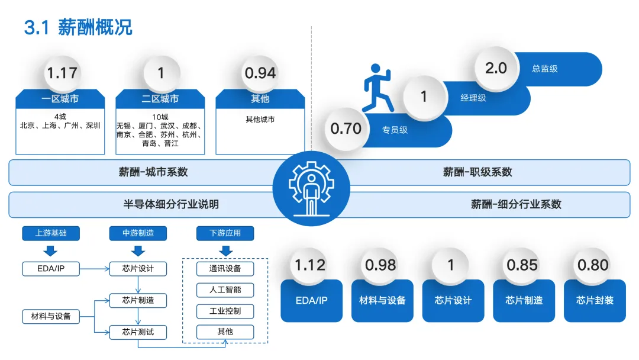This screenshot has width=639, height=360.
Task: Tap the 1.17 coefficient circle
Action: pos(62,73)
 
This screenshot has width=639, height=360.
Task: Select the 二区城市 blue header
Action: pos(160,99)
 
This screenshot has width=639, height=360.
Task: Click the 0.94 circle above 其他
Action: pos(260,73)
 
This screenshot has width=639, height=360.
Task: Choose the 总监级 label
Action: pos(544,69)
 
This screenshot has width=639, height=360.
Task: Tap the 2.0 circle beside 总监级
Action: pos(496,68)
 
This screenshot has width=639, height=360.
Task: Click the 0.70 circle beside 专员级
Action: pos(346,128)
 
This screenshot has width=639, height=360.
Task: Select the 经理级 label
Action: pos(473,98)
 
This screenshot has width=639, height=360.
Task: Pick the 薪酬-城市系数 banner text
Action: pos(153,172)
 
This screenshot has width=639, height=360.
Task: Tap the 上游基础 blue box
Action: pos(50,233)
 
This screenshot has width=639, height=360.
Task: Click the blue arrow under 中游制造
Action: pos(138,250)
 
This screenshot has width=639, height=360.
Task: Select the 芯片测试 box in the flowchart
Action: pos(138,332)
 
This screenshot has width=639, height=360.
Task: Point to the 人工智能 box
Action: pos(225,290)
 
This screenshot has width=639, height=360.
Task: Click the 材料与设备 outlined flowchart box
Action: pos(51,316)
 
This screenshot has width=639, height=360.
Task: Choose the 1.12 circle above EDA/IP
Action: pos(311,265)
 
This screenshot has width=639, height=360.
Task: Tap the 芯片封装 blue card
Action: pos(595,301)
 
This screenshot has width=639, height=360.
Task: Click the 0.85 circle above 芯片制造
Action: pos(522,265)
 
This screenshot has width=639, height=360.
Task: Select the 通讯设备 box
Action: pos(225,269)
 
